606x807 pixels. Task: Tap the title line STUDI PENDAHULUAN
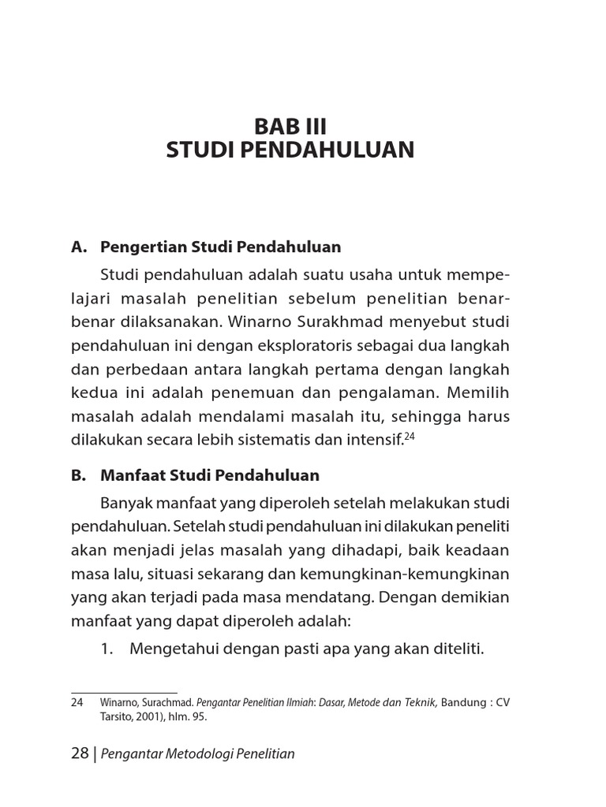tap(290, 151)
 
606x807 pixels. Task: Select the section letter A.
tap(77, 247)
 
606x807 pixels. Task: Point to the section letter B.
tap(77, 475)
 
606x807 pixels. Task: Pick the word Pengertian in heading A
tap(141, 247)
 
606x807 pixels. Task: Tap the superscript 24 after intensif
tap(409, 435)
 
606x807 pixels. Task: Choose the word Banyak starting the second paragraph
tap(125, 503)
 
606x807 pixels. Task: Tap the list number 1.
tap(108, 649)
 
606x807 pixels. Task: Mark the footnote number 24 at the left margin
tap(77, 702)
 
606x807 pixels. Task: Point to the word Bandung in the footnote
tap(465, 702)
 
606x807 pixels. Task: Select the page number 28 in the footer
tap(80, 753)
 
